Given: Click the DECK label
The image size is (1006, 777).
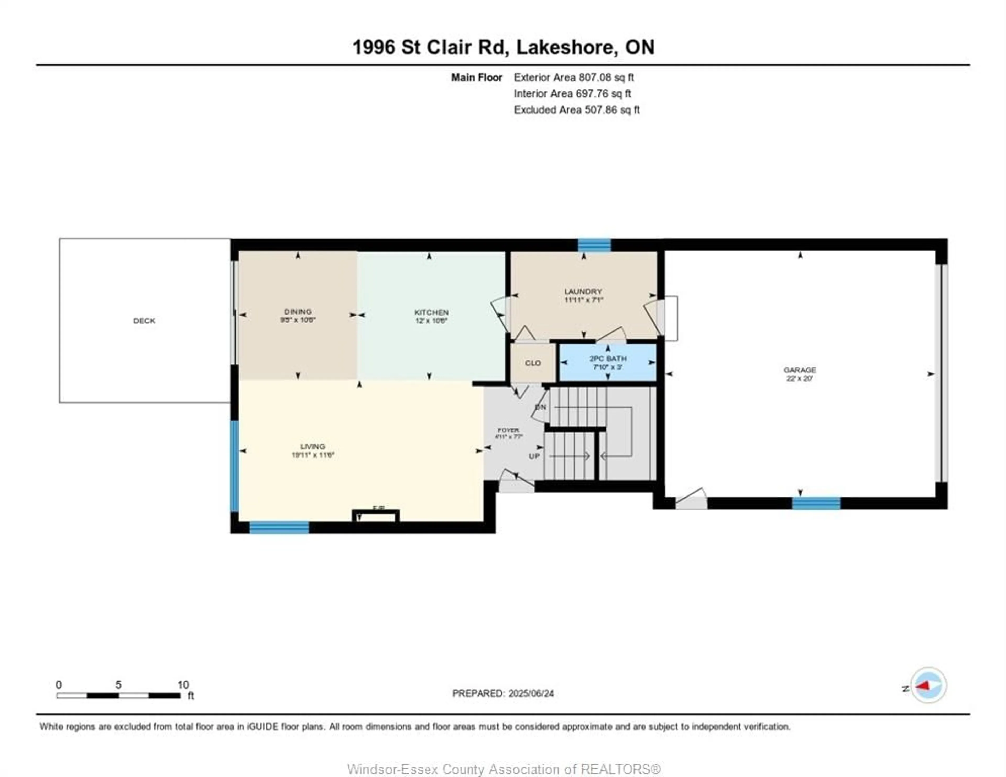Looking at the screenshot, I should pos(144,321).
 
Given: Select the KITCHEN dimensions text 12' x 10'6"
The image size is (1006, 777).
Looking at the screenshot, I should pos(431,321).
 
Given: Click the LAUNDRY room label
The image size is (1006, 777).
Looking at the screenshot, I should pos(583,291).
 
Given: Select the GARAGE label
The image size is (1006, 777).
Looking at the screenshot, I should pos(800,370).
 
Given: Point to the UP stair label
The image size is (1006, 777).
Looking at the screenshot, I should pos(534,456).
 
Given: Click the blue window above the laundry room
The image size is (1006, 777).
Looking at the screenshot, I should pos(594,245).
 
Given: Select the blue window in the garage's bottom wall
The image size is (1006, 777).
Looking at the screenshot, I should pos(816,503).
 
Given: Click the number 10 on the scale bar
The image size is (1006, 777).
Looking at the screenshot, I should pos(183,685).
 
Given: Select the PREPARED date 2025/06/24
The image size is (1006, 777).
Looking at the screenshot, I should pos(528,693).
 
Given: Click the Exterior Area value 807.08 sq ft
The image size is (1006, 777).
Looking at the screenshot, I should pos(606,77).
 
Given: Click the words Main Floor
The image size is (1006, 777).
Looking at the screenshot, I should pos(476,77).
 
